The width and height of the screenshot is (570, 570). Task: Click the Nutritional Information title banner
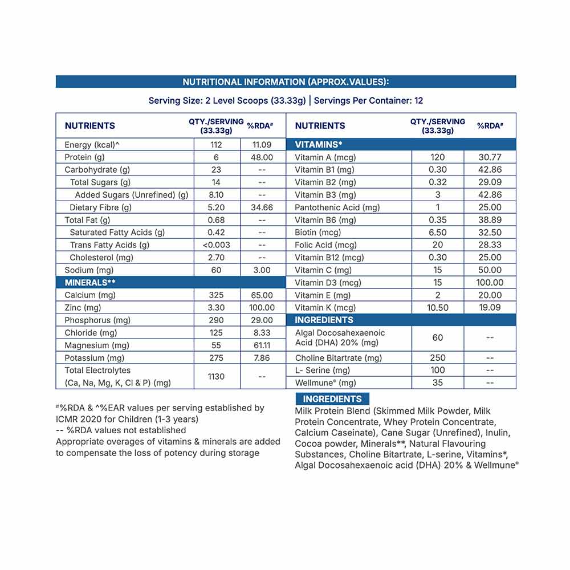[x=286, y=82]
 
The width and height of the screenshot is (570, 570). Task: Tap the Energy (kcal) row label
[x=92, y=145]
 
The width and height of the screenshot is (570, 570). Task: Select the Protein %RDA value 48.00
[x=262, y=157]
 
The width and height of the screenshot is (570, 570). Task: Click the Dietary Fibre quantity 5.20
[x=216, y=207]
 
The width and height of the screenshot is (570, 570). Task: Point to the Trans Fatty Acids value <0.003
[x=216, y=245]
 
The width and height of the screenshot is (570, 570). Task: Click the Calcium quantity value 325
[x=216, y=295]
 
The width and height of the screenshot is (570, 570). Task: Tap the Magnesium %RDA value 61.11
[x=262, y=345]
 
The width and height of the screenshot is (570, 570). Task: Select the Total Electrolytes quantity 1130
[x=216, y=376]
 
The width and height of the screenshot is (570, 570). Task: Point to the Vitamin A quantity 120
[x=437, y=157]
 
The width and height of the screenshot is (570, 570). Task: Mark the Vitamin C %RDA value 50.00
[x=490, y=270]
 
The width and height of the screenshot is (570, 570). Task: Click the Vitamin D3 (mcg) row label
[x=328, y=283]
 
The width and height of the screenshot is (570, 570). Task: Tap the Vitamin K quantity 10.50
[x=437, y=308]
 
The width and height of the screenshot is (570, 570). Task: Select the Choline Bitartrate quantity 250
[x=437, y=358]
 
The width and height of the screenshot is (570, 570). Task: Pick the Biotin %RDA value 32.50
[x=490, y=233]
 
